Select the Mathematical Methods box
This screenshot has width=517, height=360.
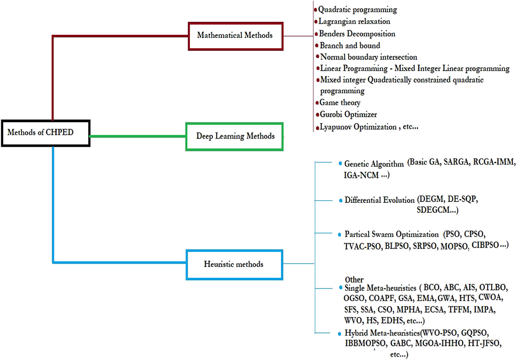click(x=235, y=35)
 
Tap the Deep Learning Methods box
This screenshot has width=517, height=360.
click(x=235, y=136)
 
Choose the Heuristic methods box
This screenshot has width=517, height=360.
click(x=234, y=264)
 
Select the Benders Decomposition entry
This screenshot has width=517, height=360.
click(x=357, y=34)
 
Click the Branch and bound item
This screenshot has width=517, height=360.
click(x=350, y=45)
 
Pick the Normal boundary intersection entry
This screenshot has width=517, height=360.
click(x=368, y=57)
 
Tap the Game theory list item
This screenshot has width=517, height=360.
click(x=340, y=102)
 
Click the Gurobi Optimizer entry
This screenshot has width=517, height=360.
click(x=348, y=115)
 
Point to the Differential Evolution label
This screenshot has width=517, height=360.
click(x=379, y=200)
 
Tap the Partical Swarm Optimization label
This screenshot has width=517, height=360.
click(x=391, y=235)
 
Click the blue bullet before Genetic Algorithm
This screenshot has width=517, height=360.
click(x=340, y=163)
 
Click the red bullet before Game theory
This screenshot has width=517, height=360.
click(x=317, y=102)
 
